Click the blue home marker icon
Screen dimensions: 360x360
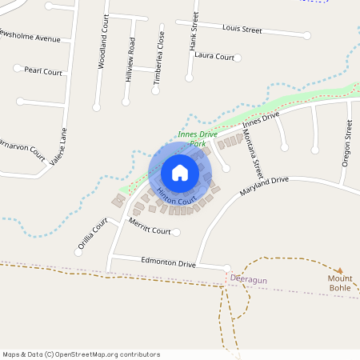click(180, 173)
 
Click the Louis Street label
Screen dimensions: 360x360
click(242, 30)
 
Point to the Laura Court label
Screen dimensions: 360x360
click(214, 57)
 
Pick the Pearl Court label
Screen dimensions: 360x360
click(43, 70)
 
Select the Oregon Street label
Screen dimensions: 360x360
click(347, 142)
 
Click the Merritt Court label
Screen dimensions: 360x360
click(150, 230)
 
